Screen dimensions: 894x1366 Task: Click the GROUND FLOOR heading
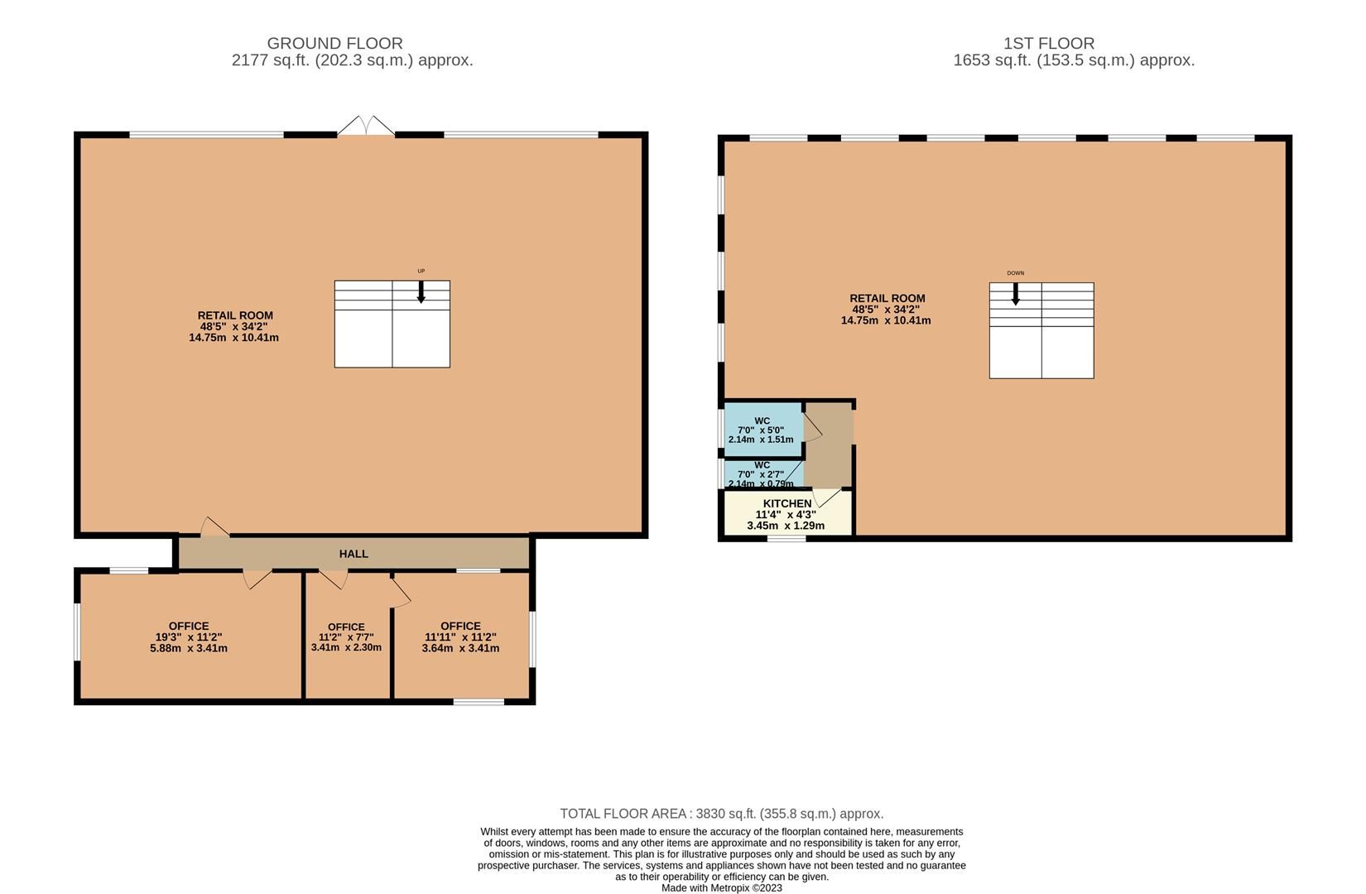(334, 43)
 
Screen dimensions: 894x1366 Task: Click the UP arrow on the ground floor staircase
(421, 291)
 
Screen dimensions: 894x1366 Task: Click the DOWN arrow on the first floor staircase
(1016, 294)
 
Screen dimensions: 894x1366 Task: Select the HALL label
(354, 554)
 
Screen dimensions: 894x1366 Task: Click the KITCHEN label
(786, 503)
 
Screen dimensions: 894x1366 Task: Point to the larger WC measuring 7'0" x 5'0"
(762, 430)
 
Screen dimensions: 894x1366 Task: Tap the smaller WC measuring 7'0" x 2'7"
(762, 473)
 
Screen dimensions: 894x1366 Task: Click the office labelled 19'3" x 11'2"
(189, 637)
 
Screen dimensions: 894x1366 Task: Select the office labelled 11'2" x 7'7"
(346, 637)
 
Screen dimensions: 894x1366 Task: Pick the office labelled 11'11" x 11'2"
(460, 637)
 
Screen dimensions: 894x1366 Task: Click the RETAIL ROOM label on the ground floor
(235, 315)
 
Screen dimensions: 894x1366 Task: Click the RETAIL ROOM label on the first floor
(887, 298)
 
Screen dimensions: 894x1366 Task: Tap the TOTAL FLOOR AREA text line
(721, 814)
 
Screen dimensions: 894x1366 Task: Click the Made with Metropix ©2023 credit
(721, 888)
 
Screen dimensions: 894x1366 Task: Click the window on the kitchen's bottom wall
(786, 539)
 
